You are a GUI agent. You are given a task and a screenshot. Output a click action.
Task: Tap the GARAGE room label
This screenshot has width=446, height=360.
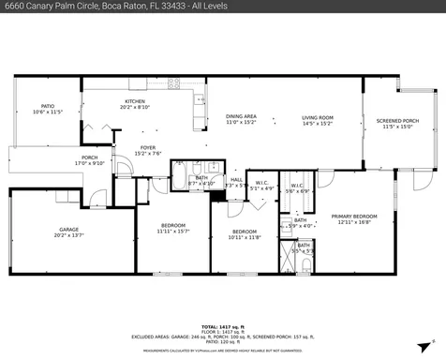pos(68,229)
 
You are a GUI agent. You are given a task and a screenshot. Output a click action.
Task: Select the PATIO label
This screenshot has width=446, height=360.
pos(47,106)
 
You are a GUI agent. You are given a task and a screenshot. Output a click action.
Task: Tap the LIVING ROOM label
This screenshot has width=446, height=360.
pos(318,117)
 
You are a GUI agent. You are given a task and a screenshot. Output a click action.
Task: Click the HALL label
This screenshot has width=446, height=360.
pos(237,180)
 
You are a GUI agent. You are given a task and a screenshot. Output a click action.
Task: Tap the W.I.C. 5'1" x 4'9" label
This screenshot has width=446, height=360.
pos(261,183)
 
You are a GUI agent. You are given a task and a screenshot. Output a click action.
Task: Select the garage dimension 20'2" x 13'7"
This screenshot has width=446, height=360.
pos(68,234)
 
